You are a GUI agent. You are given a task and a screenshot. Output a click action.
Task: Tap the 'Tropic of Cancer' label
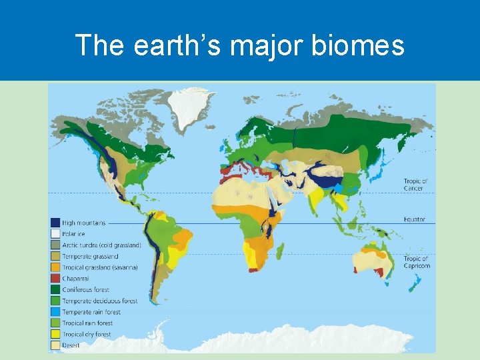click(416, 184)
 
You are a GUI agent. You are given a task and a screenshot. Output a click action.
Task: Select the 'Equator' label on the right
click(414, 219)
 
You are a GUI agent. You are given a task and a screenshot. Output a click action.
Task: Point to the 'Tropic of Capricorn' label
click(417, 262)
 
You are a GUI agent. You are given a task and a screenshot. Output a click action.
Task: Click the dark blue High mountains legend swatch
click(55, 223)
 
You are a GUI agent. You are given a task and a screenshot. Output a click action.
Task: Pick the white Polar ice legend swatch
click(55, 234)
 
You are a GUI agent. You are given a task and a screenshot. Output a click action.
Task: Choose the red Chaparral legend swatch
click(55, 279)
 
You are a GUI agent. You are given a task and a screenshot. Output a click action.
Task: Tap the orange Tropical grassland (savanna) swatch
click(55, 267)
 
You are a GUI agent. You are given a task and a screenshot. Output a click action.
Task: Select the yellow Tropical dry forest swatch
click(55, 335)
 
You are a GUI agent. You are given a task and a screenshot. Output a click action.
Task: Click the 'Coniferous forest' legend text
click(87, 289)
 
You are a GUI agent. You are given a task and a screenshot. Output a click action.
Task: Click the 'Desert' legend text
click(71, 345)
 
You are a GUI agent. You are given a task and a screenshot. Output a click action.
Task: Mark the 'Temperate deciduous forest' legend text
click(99, 301)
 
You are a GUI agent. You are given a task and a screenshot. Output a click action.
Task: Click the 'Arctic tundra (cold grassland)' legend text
click(101, 245)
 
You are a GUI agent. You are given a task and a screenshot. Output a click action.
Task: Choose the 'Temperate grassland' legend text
click(90, 256)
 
